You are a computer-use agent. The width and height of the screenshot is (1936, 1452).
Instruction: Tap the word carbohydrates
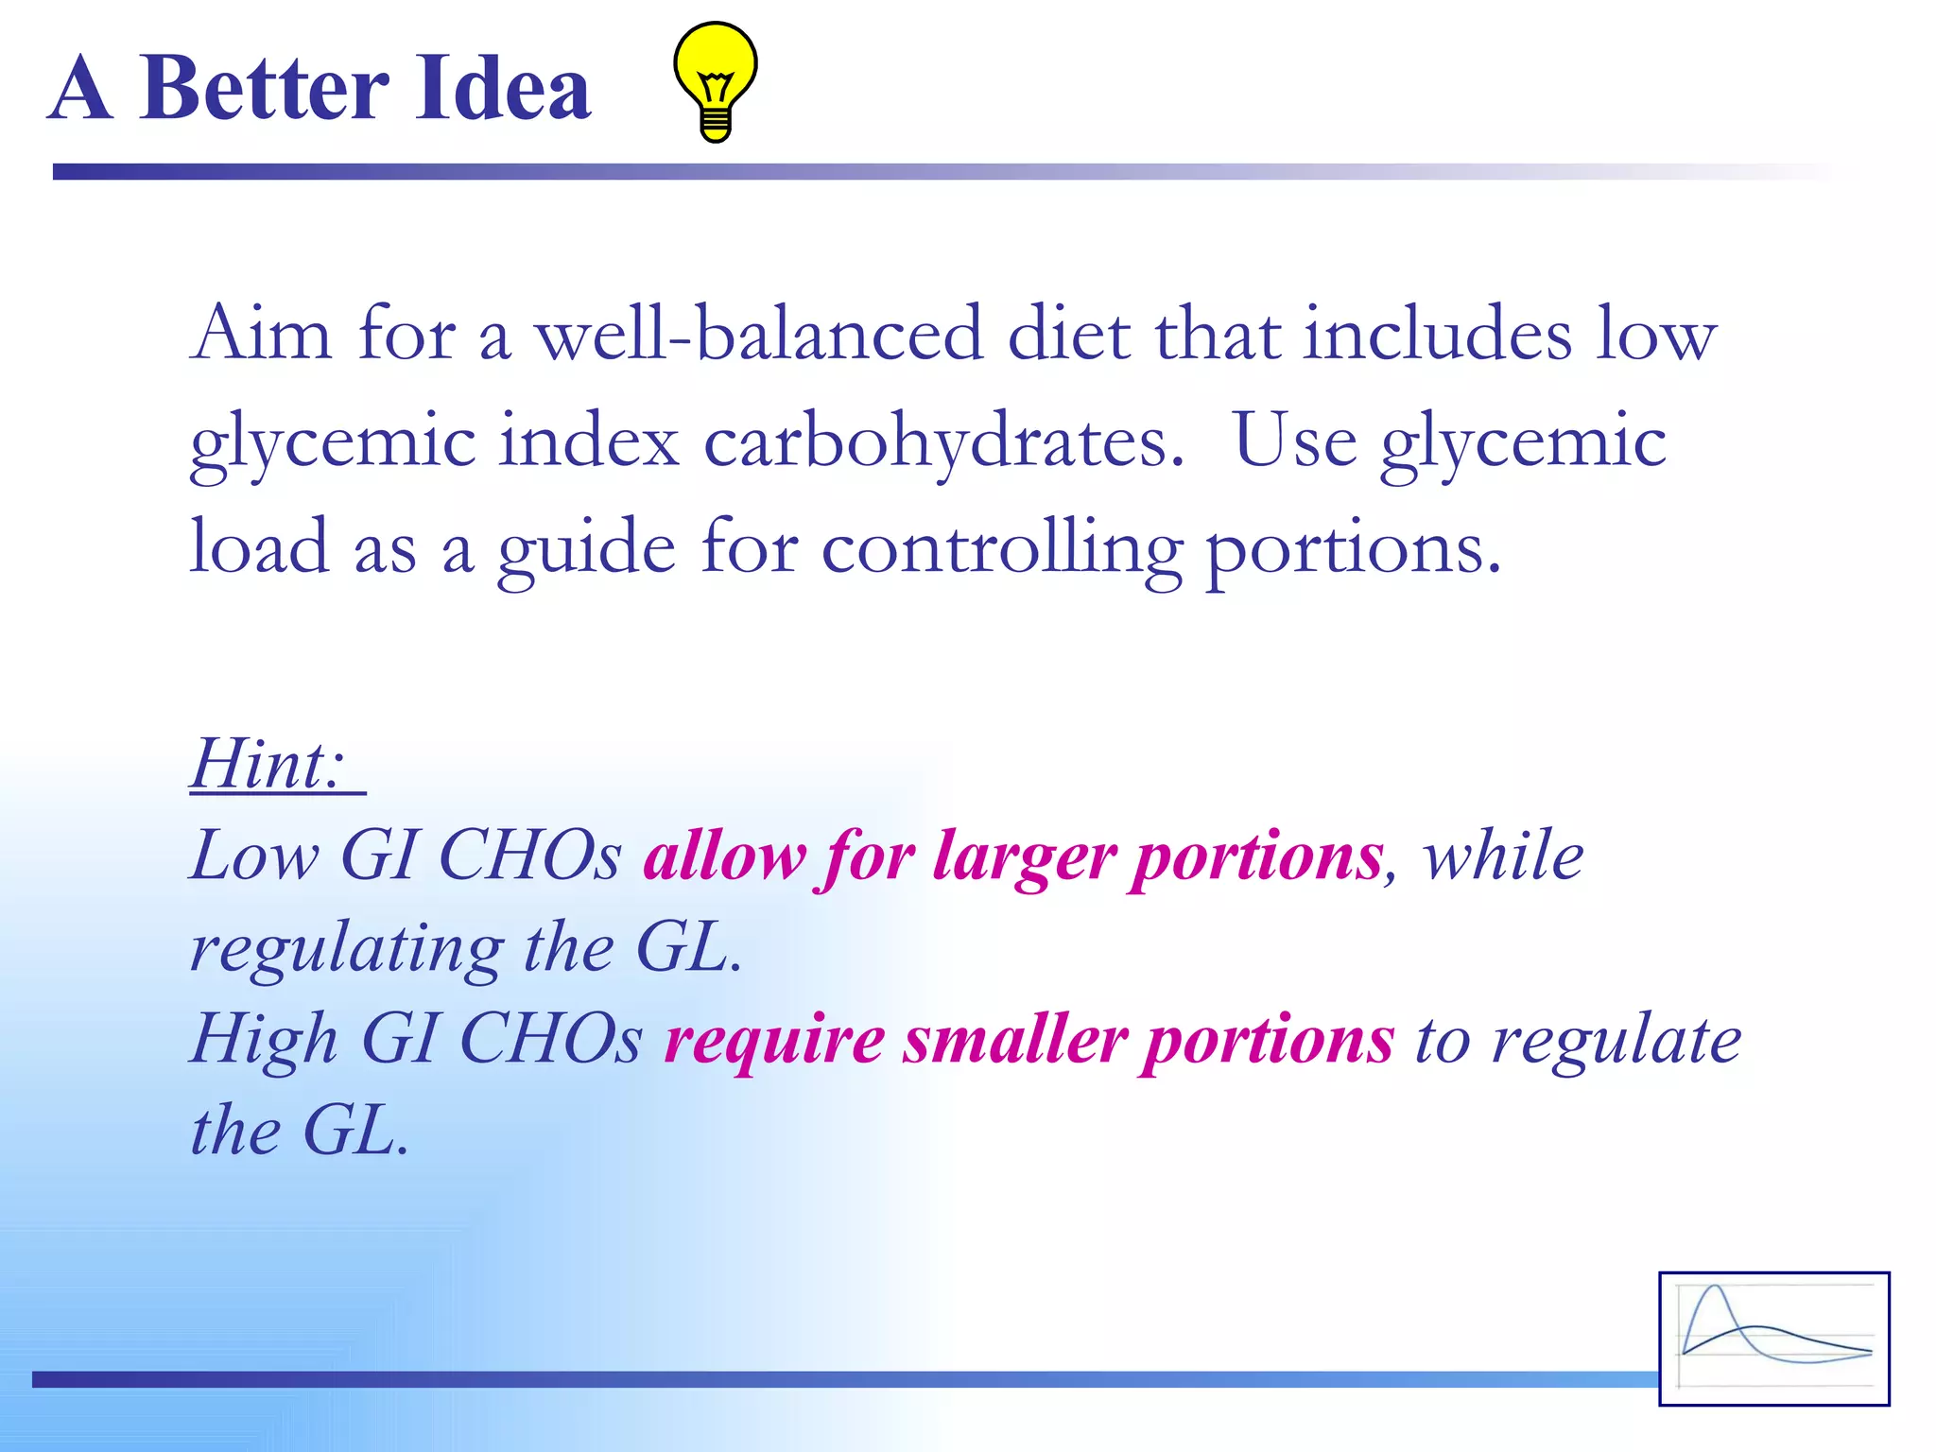tap(943, 442)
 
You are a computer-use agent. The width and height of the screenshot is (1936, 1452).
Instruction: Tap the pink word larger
tap(1025, 856)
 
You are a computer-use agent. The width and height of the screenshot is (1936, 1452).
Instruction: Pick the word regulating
tap(347, 949)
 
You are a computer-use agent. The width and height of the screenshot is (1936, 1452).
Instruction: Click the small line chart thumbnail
tap(1773, 1338)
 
